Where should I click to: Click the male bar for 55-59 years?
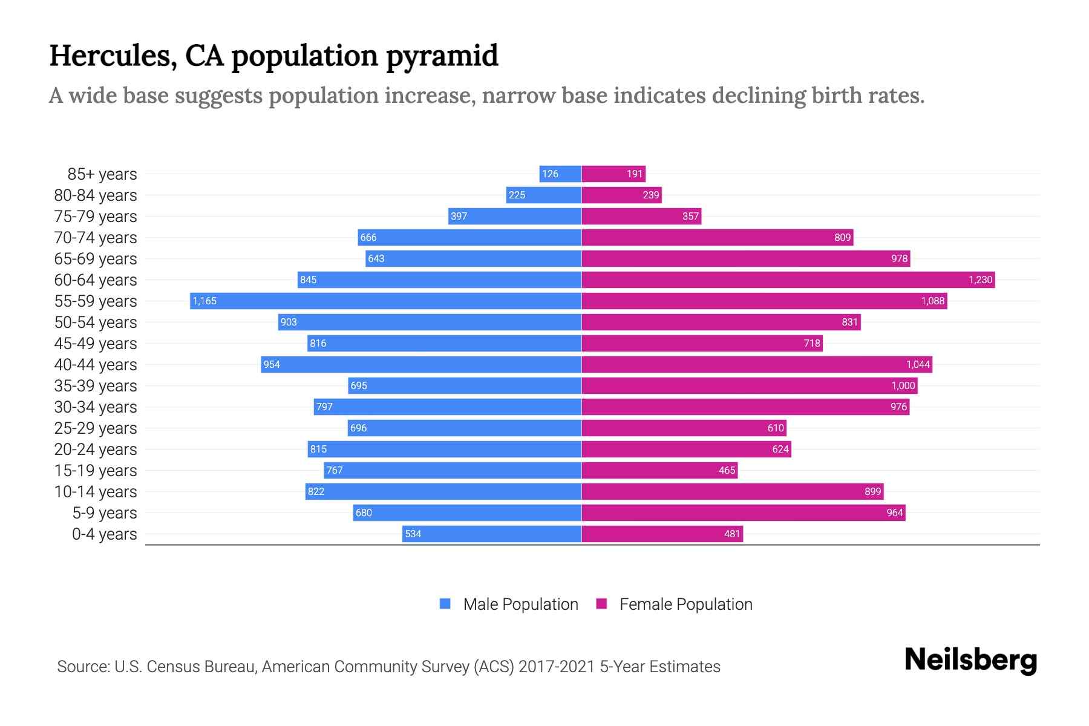pyautogui.click(x=385, y=301)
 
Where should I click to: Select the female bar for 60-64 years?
pyautogui.click(x=788, y=280)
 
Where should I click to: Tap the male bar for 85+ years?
pyautogui.click(x=560, y=174)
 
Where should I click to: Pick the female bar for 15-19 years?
pyautogui.click(x=659, y=470)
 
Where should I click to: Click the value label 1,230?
pyautogui.click(x=980, y=280)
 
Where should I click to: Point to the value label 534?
pyautogui.click(x=413, y=534)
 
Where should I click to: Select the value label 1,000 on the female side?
pyautogui.click(x=903, y=385)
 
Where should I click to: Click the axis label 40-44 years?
pyautogui.click(x=96, y=365)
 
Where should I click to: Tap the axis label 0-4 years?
pyautogui.click(x=104, y=534)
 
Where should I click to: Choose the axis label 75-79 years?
pyautogui.click(x=96, y=217)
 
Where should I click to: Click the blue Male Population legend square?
pyautogui.click(x=445, y=604)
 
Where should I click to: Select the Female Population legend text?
pyautogui.click(x=685, y=604)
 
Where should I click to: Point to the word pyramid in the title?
pyautogui.click(x=442, y=56)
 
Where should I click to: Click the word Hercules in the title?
pyautogui.click(x=113, y=56)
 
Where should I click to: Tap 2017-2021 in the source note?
pyautogui.click(x=556, y=667)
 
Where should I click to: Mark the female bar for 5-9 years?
pyautogui.click(x=743, y=512)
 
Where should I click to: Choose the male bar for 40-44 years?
pyautogui.click(x=421, y=364)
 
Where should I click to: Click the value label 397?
pyautogui.click(x=459, y=216)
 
